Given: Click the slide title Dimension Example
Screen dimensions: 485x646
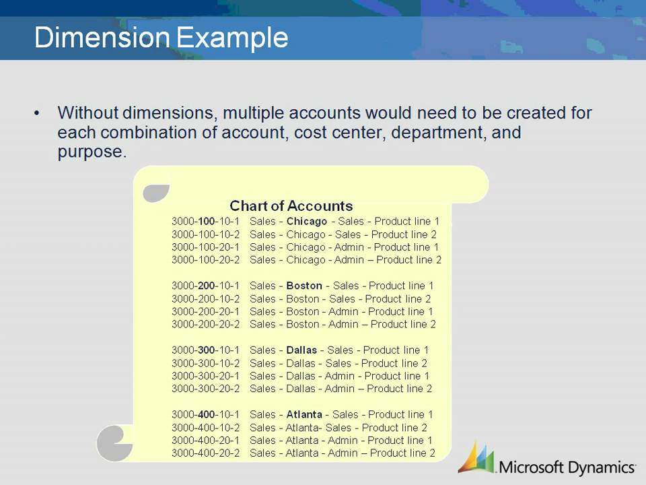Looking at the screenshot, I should [x=161, y=38].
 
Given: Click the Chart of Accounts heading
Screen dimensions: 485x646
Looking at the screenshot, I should [x=291, y=206].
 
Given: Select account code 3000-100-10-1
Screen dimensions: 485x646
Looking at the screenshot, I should [x=205, y=222].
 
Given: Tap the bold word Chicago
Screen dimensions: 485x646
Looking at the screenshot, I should [x=306, y=222].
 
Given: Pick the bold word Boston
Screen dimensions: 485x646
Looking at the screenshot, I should [x=303, y=286].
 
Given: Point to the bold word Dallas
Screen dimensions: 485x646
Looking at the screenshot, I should [x=301, y=350].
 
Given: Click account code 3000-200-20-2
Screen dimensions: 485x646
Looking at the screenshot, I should [x=205, y=325].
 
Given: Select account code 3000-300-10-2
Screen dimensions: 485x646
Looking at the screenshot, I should [x=205, y=364].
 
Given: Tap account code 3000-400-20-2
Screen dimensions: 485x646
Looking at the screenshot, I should [x=205, y=453].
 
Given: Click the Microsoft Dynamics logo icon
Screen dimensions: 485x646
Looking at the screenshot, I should [x=476, y=458].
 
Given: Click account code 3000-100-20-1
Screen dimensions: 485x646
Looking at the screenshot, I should [x=205, y=247].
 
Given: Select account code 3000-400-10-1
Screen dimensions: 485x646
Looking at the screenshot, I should [x=205, y=415].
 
